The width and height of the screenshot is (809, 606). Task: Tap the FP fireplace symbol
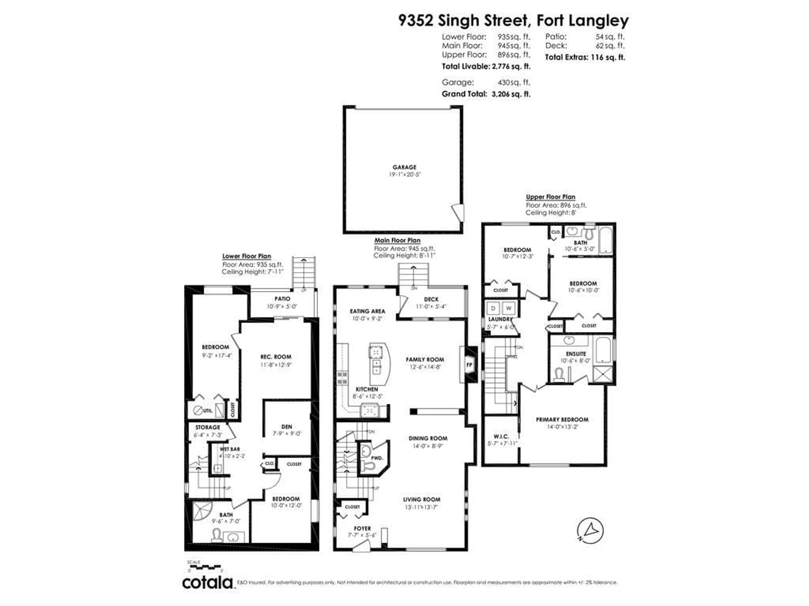(x=469, y=365)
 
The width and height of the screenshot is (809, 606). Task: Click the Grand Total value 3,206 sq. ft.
(x=511, y=94)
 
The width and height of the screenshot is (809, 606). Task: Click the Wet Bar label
(x=230, y=449)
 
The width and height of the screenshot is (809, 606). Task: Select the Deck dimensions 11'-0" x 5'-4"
(x=431, y=306)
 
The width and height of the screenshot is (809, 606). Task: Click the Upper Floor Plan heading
(x=550, y=197)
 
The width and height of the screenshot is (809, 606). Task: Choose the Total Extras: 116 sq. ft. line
(x=585, y=57)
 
